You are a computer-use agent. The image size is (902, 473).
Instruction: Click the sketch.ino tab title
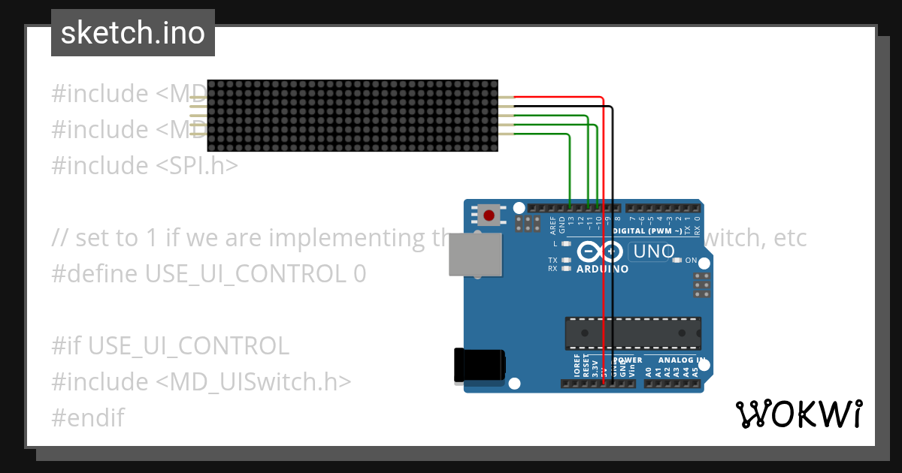coord(133,33)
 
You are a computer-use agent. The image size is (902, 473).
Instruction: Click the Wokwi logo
coord(798,414)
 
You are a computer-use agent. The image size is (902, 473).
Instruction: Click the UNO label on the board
coord(654,252)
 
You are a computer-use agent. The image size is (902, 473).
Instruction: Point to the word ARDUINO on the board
coord(602,269)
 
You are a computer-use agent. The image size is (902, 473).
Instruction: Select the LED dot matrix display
coord(353,116)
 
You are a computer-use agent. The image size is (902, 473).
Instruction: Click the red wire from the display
coord(604,225)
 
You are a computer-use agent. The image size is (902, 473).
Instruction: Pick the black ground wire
coord(613,225)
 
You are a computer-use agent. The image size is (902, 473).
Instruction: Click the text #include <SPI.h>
coord(144,166)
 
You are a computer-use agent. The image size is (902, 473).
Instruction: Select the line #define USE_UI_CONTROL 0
coord(208,274)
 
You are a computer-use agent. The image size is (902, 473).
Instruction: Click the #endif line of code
coord(88,417)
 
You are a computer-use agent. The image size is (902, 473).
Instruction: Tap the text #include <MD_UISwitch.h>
coord(201,382)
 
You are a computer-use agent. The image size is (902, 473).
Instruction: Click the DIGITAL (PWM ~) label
coord(647,230)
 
